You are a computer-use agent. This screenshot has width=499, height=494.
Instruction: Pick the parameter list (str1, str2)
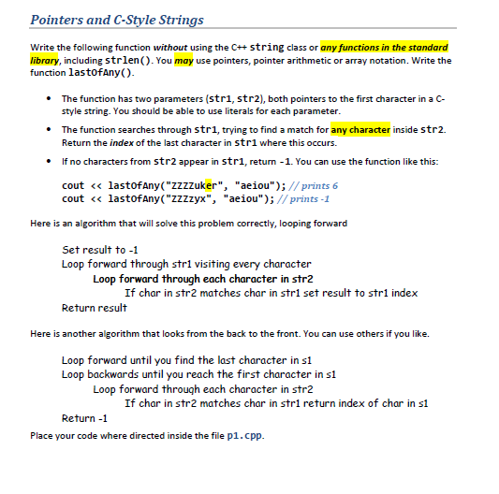(x=212, y=98)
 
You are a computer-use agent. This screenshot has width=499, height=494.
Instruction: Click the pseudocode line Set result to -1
(x=94, y=250)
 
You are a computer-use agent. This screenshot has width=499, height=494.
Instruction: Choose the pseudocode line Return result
(x=93, y=308)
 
